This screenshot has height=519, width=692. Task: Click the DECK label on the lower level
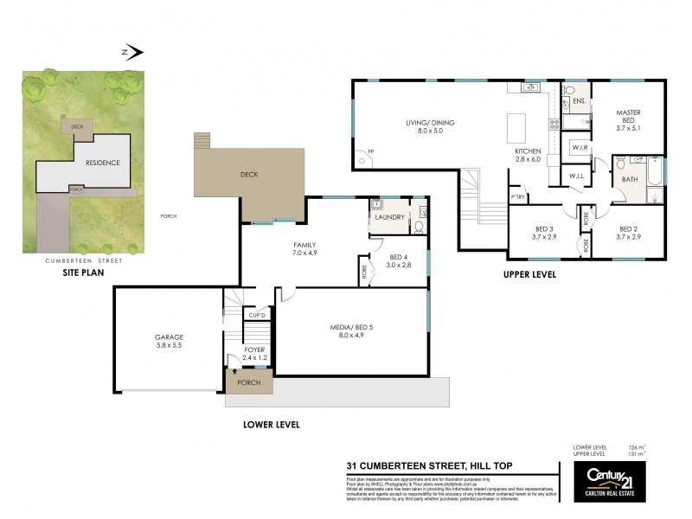249,175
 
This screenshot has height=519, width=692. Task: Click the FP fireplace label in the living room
371,152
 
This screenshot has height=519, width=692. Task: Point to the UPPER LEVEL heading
529,275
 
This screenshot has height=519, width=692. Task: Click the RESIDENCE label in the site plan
102,163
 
